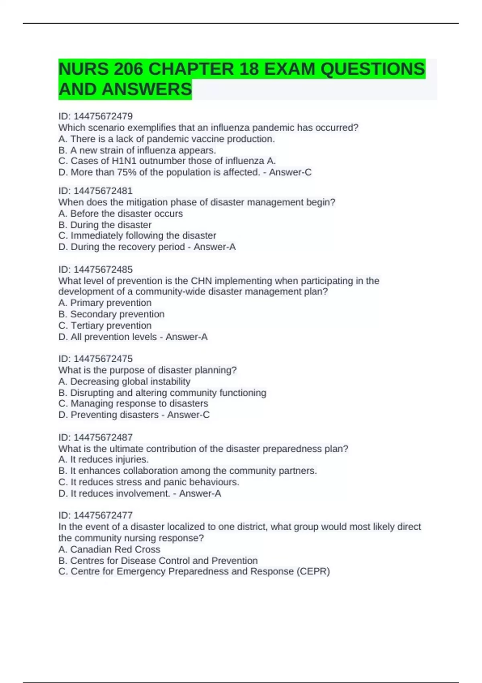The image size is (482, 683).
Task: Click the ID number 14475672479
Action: click(103, 116)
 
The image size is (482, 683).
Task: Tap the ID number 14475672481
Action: click(103, 191)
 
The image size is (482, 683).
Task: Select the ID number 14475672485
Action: click(103, 269)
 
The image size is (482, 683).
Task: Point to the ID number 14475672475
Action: click(103, 359)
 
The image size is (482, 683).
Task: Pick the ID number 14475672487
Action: click(103, 437)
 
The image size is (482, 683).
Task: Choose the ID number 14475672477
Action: click(103, 515)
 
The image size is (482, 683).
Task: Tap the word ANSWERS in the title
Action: click(147, 89)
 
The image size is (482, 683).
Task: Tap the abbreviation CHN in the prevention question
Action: click(201, 281)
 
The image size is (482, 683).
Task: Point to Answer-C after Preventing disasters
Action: click(188, 415)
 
